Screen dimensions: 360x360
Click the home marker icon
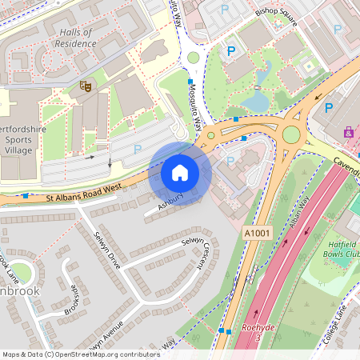180,173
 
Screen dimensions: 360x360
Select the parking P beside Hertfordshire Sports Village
138,149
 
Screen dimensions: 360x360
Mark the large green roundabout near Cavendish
291,134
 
